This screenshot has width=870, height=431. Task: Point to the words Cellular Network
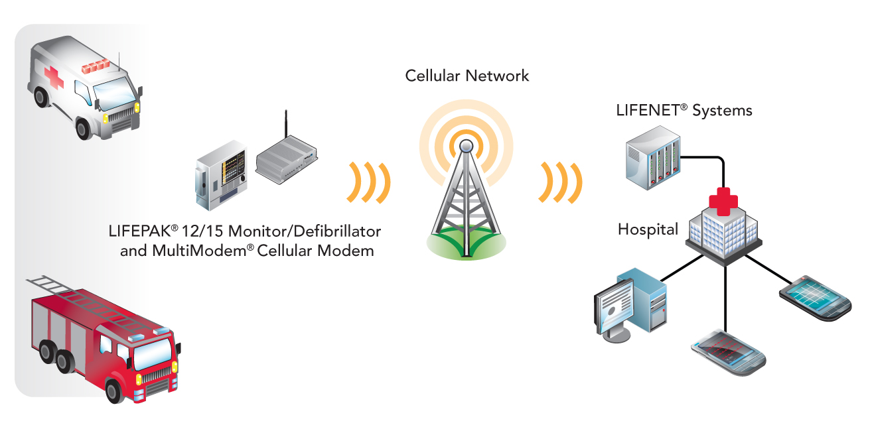(467, 76)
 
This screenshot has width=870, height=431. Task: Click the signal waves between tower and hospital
(563, 181)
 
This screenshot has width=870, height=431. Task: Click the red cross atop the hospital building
(723, 200)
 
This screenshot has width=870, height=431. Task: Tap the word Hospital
(648, 230)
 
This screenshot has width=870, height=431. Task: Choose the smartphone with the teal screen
(816, 295)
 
